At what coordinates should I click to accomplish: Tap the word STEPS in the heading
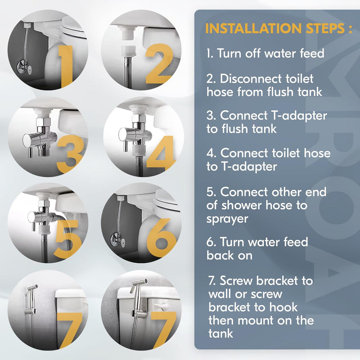click(325, 28)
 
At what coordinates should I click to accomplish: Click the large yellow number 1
click(66, 67)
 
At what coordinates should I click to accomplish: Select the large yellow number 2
click(159, 63)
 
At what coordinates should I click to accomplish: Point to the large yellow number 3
click(70, 154)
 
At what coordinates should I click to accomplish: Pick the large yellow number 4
click(161, 153)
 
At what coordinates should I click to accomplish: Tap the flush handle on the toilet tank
click(162, 306)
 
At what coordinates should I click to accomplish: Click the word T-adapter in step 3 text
click(299, 116)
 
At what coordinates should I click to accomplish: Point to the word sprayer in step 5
click(227, 219)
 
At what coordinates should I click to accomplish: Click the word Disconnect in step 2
click(251, 79)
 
